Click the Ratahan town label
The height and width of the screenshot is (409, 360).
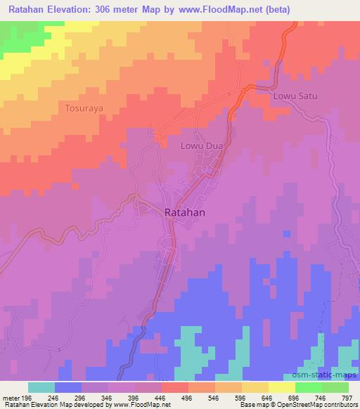click(186, 212)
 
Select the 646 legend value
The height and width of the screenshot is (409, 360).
click(266, 397)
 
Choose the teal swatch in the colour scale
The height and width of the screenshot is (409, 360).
click(41, 387)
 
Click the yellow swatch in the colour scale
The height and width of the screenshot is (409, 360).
click(281, 387)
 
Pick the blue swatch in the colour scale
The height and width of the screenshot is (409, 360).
click(68, 387)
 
